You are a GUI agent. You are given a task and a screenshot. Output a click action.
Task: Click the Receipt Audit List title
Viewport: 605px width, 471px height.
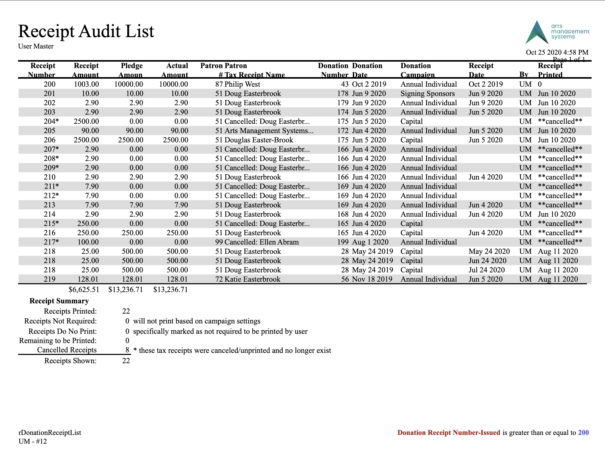[x=86, y=31]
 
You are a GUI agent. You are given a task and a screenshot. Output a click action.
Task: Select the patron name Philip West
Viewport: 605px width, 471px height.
[x=242, y=84]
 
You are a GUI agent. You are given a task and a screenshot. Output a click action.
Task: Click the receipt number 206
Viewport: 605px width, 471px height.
[x=50, y=140]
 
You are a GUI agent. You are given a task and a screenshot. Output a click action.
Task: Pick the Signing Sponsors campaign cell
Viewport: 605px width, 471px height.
[x=427, y=94]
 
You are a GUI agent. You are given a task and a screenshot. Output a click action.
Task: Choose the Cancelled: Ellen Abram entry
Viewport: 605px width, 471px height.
[x=261, y=242]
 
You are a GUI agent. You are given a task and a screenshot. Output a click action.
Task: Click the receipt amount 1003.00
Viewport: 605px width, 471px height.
[x=86, y=84]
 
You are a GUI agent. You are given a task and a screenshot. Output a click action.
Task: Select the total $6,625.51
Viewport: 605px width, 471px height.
[x=84, y=290]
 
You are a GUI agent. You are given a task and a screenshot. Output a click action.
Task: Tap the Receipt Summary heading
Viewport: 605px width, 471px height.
[x=59, y=301]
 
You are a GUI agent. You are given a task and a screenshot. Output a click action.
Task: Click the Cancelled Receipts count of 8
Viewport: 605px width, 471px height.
[x=127, y=350]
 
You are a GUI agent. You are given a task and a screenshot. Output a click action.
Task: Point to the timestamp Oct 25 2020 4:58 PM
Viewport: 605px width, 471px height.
[x=557, y=52]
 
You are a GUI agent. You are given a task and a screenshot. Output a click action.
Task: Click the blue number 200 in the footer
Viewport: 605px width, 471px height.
[x=583, y=433]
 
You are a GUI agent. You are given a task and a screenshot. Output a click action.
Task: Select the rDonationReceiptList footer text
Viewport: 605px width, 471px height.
[x=50, y=433]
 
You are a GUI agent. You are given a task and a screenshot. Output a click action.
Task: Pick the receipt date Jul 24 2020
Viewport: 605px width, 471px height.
[x=487, y=270]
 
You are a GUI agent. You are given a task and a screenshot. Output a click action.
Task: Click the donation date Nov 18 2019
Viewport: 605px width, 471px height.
[x=372, y=279]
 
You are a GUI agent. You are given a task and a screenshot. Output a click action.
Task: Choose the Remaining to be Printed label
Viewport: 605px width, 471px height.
[x=58, y=340]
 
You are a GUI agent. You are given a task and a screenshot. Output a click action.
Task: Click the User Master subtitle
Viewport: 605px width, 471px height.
[x=36, y=46]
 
